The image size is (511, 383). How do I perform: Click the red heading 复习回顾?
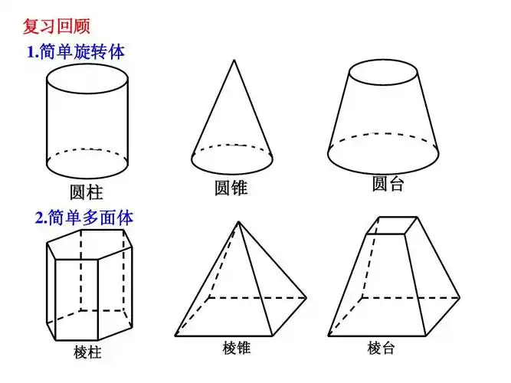click(56, 26)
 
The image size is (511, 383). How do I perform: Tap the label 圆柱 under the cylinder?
click(86, 191)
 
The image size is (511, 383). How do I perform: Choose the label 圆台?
click(388, 184)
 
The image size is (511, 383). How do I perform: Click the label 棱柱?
click(87, 352)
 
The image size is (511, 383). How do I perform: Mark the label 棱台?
click(381, 349)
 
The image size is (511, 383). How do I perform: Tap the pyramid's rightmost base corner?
click(306, 297)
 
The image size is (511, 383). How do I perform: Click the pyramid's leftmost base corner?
click(175, 336)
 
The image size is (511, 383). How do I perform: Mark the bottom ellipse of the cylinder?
click(87, 163)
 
